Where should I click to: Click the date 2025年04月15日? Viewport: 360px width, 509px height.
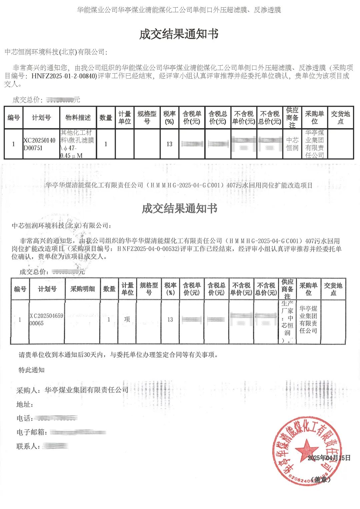point(329,458)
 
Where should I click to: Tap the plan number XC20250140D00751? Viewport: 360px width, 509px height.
point(39,144)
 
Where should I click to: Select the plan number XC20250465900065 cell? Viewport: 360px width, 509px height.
point(46,319)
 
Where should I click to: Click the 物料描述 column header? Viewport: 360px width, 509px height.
point(78,118)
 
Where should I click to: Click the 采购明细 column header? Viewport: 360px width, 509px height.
point(82,289)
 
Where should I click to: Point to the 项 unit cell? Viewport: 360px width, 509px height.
point(127,319)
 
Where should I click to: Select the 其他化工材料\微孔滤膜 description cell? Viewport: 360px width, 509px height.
point(78,144)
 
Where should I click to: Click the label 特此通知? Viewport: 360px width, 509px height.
point(31,370)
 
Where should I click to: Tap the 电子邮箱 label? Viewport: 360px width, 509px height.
point(32,432)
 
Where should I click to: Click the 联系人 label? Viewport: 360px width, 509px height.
point(28,446)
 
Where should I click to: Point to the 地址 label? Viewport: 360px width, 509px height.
point(25,404)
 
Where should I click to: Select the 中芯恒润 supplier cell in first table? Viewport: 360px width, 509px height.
point(292,144)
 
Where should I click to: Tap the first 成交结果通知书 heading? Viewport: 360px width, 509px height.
point(179,34)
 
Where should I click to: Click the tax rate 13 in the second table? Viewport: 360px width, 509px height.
point(170,319)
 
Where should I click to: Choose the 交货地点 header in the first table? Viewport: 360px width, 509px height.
point(340,118)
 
